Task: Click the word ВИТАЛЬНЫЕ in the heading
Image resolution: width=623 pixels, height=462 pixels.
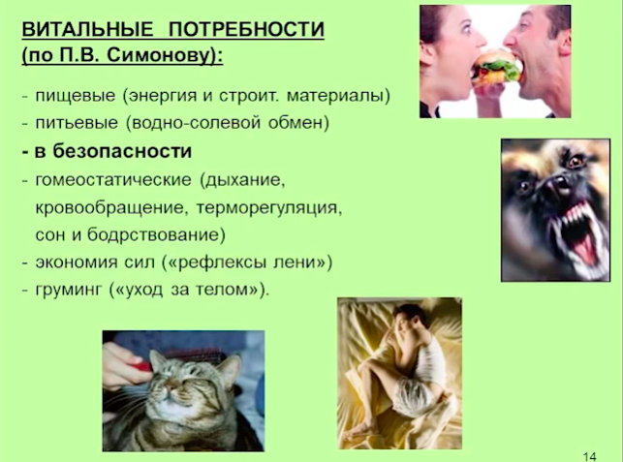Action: pos(87,30)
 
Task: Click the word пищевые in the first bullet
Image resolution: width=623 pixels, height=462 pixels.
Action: pos(76,97)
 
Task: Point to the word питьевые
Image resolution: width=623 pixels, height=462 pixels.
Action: pos(77,123)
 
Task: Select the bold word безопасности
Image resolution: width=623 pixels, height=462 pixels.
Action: pos(122,151)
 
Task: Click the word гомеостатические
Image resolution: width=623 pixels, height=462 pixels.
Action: pos(113,180)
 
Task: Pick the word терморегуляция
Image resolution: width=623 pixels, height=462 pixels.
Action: pos(269,208)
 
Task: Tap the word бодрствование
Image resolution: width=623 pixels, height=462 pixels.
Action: pos(153,234)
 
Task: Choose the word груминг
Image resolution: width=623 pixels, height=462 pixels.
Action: pos(69,290)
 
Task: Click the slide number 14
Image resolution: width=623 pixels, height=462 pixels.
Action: pos(590,456)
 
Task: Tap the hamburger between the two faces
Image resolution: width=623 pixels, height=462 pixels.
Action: pos(496,69)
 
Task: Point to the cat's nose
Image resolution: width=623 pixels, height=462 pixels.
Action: pos(172,386)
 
